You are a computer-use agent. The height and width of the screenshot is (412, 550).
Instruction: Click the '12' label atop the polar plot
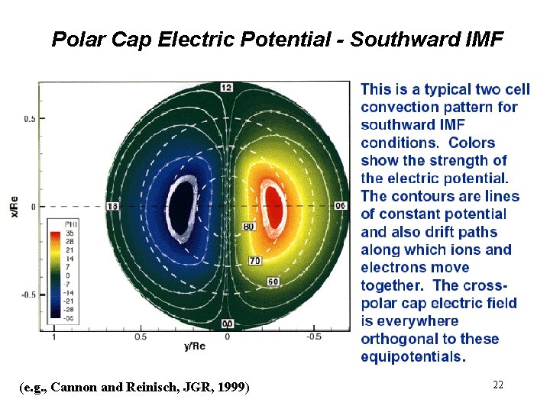pyautogui.click(x=226, y=87)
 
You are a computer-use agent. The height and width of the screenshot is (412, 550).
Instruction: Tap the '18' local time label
pyautogui.click(x=113, y=207)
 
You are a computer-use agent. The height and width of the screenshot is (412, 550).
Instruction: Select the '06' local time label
pyautogui.click(x=341, y=207)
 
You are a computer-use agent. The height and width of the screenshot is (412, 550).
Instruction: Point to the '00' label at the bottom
pyautogui.click(x=227, y=324)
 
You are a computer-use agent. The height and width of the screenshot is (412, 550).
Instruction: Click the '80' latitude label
pyautogui.click(x=248, y=227)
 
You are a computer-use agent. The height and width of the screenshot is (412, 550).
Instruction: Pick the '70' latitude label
pyautogui.click(x=255, y=261)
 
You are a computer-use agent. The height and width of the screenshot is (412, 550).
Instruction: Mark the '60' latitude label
pyautogui.click(x=273, y=282)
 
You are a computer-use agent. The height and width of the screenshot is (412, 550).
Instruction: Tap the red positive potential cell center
pyautogui.click(x=272, y=204)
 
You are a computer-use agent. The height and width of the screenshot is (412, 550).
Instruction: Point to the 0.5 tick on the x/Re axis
pyautogui.click(x=30, y=119)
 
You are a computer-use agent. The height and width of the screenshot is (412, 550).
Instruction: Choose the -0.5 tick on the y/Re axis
pyautogui.click(x=313, y=336)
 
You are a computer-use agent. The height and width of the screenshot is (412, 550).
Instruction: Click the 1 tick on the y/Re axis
pyautogui.click(x=53, y=336)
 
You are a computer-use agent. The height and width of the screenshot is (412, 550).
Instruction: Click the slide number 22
pyautogui.click(x=498, y=385)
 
